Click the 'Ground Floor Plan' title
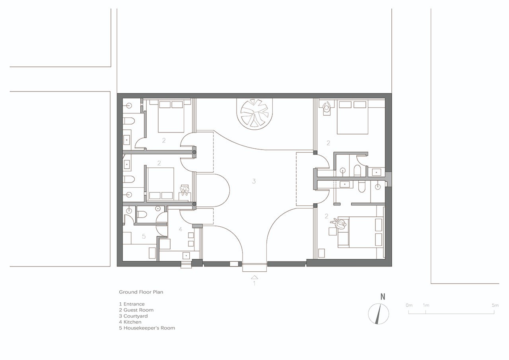141,292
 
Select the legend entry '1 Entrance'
132,304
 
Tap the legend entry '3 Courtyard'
133,316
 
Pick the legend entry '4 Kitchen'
130,322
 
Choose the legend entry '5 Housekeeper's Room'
147,328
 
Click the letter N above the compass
383,297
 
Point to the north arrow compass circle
378,313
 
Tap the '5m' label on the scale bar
495,305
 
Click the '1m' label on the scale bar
426,305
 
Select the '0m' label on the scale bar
409,305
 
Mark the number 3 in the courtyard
254,181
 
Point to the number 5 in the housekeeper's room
144,236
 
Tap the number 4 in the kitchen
181,229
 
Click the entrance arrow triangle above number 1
254,277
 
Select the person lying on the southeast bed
339,224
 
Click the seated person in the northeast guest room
327,107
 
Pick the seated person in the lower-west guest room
185,191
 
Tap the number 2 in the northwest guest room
164,140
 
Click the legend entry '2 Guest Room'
136,310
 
